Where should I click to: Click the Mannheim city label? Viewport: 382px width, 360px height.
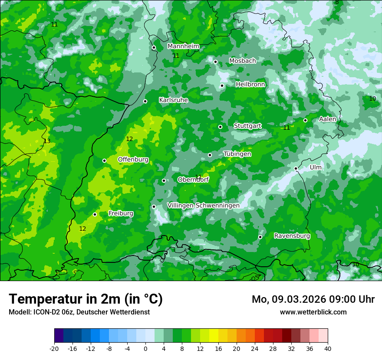click(x=183, y=46)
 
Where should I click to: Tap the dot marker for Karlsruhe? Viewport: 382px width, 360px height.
click(x=145, y=101)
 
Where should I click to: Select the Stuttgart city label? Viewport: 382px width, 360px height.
click(x=247, y=126)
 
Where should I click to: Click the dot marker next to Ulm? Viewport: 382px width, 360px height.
click(x=296, y=168)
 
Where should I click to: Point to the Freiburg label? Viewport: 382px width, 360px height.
click(x=121, y=213)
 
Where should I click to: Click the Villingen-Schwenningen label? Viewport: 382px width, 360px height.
click(x=203, y=206)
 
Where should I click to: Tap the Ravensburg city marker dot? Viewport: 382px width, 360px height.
click(x=260, y=237)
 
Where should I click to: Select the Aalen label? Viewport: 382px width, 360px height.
click(x=327, y=119)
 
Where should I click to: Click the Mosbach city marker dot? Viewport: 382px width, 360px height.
click(x=215, y=62)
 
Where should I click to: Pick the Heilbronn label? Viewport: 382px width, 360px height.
click(x=250, y=85)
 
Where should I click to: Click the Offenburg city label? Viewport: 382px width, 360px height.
click(x=133, y=160)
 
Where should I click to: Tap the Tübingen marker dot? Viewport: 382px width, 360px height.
click(x=210, y=155)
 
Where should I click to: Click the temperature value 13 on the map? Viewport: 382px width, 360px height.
click(x=47, y=141)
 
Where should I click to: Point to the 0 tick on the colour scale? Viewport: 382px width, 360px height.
click(x=145, y=348)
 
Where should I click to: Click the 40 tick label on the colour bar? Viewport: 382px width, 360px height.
click(x=328, y=348)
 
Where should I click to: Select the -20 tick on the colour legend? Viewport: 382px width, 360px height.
click(x=54, y=348)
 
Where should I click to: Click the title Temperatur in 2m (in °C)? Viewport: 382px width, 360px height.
click(x=86, y=299)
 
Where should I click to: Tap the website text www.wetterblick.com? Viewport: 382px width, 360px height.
click(x=313, y=312)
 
